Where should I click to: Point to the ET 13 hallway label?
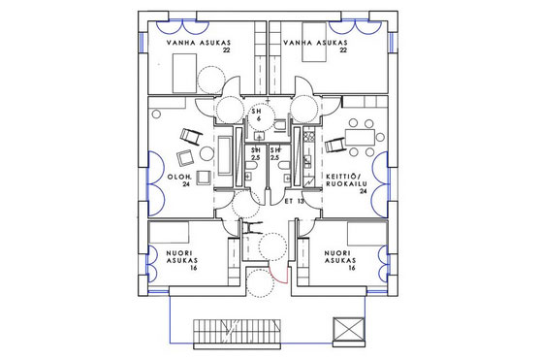coord(295,201)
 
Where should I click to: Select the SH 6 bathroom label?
coord(257,115)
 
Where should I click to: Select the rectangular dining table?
coord(360,137)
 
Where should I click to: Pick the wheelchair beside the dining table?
coord(334,146)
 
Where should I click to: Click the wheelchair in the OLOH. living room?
coord(190,137)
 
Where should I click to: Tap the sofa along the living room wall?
coord(225,155)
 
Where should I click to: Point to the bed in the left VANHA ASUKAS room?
coord(184,73)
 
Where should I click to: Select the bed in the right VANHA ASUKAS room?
coord(314,42)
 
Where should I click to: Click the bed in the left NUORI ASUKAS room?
coord(169,233)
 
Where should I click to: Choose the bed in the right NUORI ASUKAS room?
coord(367,234)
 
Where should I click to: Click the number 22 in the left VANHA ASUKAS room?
coord(226,50)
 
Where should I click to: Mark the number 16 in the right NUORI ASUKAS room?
coord(351,268)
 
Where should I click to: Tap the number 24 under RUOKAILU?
coord(363,191)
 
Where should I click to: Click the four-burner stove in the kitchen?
coord(309,135)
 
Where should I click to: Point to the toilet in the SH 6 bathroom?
coord(281,125)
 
